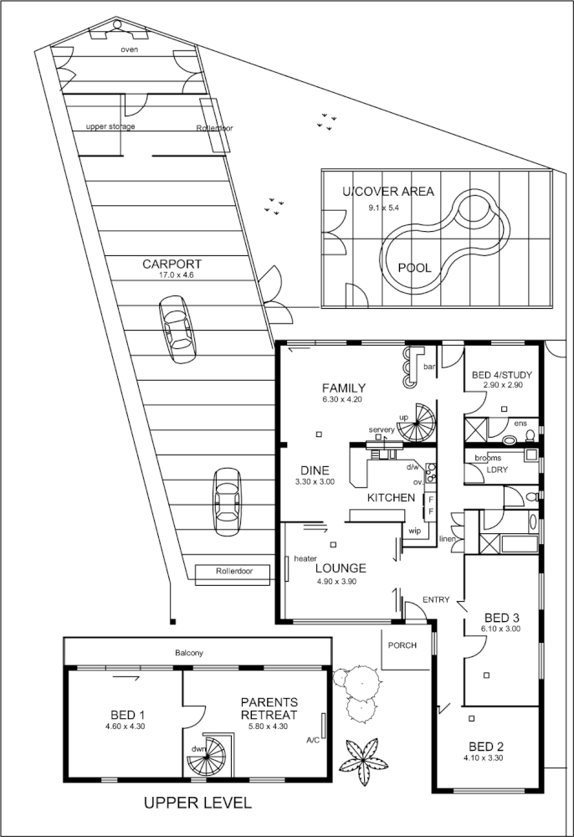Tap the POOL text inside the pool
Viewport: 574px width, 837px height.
point(414,268)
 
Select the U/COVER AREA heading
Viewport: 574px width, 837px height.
point(388,192)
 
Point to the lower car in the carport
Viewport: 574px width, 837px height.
point(227,501)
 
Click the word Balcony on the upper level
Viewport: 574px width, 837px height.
point(189,653)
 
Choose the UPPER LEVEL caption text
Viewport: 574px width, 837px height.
point(197,804)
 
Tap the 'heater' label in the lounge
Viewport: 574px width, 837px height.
point(305,558)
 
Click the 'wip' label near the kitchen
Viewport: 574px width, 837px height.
point(414,531)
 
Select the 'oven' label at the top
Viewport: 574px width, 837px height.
point(129,49)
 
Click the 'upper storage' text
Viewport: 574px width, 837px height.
point(110,126)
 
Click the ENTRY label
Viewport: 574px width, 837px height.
point(436,600)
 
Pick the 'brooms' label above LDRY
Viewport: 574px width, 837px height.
point(488,458)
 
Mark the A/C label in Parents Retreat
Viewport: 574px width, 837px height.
point(313,740)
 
